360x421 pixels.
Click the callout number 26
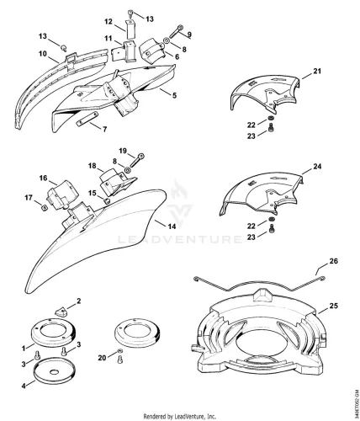click(x=333, y=261)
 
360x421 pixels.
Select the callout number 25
click(x=333, y=306)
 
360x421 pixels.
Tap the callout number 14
click(x=172, y=226)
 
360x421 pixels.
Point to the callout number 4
click(x=24, y=386)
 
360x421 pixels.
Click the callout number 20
click(x=103, y=358)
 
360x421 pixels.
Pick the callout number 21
click(x=317, y=72)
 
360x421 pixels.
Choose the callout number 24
click(x=317, y=167)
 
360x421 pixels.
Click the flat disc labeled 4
click(x=55, y=370)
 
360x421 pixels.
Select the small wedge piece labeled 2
click(x=61, y=312)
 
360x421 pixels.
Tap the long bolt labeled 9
click(x=176, y=32)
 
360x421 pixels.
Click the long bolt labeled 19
click(x=137, y=160)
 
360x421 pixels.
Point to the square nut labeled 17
click(x=43, y=208)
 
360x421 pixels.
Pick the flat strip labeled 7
click(x=87, y=119)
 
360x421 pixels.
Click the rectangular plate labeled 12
click(x=130, y=30)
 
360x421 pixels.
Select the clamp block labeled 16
click(x=63, y=195)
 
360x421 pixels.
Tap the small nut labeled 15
click(x=106, y=200)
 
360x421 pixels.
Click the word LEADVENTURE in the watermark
click(x=180, y=239)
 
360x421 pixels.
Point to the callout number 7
click(x=104, y=130)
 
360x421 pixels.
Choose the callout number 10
click(x=42, y=54)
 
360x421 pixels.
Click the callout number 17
click(x=29, y=198)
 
